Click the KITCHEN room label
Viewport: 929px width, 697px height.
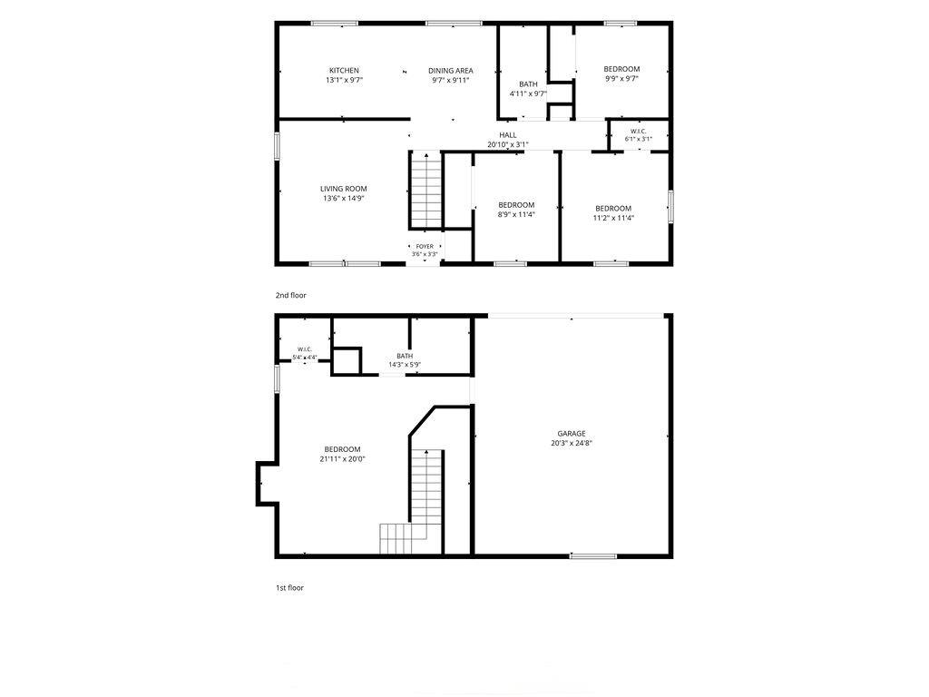(x=344, y=71)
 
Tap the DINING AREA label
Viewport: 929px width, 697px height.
(x=450, y=71)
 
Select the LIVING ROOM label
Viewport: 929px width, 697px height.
(x=344, y=189)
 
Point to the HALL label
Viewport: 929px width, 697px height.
(x=508, y=135)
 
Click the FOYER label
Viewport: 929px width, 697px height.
(x=425, y=247)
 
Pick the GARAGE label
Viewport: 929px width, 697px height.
(x=572, y=434)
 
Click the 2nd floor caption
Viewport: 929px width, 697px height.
(x=291, y=295)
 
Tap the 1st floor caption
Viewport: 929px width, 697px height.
(x=289, y=588)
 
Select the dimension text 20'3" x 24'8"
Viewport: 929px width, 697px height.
(x=572, y=443)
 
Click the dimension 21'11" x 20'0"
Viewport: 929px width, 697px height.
(x=342, y=458)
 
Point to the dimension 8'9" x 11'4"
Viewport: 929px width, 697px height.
(x=516, y=214)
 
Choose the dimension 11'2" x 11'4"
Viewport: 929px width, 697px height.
(x=614, y=218)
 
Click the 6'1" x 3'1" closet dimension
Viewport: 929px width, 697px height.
(x=638, y=139)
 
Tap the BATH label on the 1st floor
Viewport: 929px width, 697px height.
(x=405, y=356)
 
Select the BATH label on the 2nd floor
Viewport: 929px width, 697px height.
(x=529, y=84)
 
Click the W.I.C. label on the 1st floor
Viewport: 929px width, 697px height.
(x=305, y=349)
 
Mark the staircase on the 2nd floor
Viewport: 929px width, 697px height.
(x=426, y=190)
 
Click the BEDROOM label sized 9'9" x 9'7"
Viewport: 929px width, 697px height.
(x=621, y=69)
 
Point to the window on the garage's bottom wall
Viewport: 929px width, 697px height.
(x=593, y=556)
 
